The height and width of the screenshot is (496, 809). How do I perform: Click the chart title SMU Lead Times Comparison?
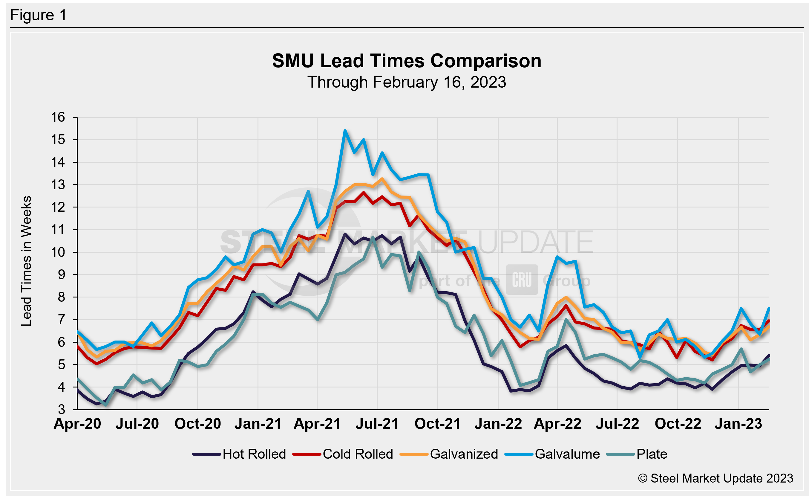[x=407, y=61]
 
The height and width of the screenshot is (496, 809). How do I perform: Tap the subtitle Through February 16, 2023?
[x=407, y=82]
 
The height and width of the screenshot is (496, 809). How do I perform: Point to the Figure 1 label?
[x=39, y=15]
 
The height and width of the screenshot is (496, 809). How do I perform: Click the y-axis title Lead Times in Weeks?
[x=26, y=261]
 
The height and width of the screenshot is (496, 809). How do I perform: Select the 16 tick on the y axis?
[x=58, y=117]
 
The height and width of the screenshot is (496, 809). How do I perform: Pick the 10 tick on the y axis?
[x=58, y=252]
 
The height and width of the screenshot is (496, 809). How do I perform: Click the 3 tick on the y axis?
[x=62, y=410]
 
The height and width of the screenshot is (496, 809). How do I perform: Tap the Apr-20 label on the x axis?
[x=77, y=424]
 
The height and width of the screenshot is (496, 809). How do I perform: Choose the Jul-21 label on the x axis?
[x=377, y=424]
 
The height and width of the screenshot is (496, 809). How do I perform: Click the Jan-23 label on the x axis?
[x=738, y=424]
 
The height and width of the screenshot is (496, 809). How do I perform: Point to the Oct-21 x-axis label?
[x=437, y=424]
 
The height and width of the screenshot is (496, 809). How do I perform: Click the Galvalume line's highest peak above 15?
[x=345, y=131]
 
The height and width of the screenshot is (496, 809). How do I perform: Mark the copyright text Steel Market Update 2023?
[x=715, y=478]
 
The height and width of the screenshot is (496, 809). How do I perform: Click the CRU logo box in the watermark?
[x=522, y=280]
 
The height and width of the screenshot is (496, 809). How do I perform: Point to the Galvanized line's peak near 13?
[x=382, y=179]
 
